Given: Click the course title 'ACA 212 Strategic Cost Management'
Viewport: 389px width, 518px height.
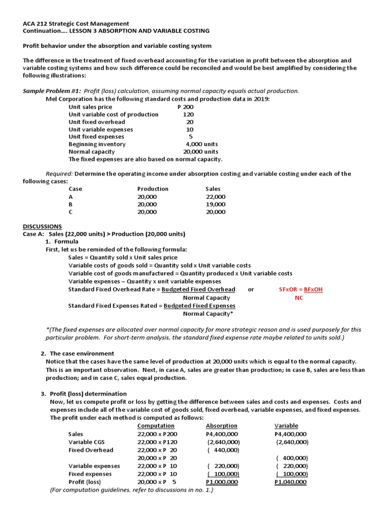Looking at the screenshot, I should pos(76,23).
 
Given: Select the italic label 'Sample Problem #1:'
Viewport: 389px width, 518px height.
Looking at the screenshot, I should pos(52,91).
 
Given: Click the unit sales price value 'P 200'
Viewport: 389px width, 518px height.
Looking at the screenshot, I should pos(185,107).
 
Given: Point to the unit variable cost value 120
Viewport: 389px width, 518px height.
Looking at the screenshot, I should pos(188,114).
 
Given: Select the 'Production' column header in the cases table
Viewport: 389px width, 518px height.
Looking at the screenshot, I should pos(152,189).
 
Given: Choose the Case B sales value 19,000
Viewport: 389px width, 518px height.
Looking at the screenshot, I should pos(216,204).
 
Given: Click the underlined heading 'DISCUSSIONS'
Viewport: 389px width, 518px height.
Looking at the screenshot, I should pos(43,226).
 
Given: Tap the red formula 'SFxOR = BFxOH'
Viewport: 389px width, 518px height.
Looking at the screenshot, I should pos(301,289).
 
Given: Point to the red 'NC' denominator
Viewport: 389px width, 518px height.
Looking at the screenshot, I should pos(299,298).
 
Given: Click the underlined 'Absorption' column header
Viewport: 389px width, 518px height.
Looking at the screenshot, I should pos(221,426).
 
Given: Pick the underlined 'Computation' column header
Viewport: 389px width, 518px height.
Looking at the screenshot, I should pos(156,426).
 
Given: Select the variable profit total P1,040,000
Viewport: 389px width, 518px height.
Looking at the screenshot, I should pos(290,482).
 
